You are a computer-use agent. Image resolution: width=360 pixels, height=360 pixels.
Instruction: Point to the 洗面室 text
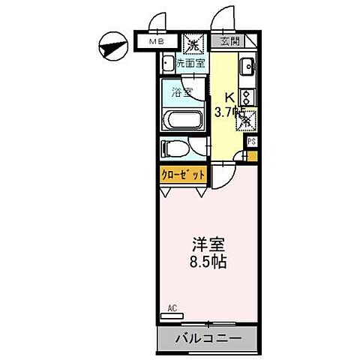click(191, 64)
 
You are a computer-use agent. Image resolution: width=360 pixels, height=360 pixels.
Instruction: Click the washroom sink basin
click(167, 64)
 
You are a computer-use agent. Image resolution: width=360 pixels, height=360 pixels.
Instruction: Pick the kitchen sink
click(247, 69)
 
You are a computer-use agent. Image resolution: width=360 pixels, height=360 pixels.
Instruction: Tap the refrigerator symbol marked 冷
click(246, 120)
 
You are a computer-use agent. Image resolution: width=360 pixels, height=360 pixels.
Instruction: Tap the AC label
click(172, 307)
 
